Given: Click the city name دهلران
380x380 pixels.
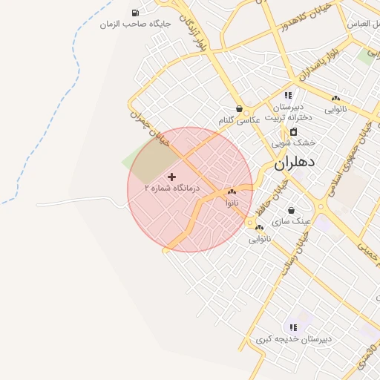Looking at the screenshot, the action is tap(295, 163).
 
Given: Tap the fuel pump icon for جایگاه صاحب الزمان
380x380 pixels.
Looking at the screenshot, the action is tap(134, 13).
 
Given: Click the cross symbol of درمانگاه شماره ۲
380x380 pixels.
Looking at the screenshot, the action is tap(172, 177).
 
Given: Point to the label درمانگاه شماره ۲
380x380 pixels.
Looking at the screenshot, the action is tap(172, 189).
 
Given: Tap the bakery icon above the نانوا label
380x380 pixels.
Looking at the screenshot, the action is tap(232, 191).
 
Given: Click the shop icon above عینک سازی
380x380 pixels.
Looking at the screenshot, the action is tap(290, 210).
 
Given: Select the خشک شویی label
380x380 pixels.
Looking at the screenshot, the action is tap(293, 142).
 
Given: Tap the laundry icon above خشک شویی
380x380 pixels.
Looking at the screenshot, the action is tap(293, 131).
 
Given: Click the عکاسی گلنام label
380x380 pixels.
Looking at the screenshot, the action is tap(239, 120).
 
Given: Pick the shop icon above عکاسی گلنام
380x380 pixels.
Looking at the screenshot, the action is tap(239, 108).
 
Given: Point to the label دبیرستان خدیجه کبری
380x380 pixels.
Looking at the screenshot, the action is tap(292, 338).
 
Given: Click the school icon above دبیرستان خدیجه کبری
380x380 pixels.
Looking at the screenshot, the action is tap(292, 327).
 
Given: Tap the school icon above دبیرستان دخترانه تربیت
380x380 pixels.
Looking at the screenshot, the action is tap(288, 96).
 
